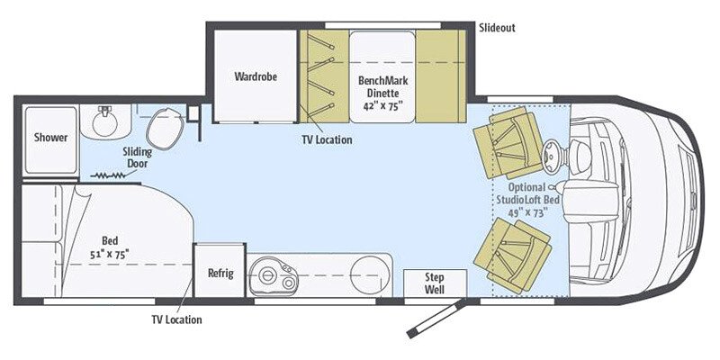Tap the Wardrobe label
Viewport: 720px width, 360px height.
(x=255, y=76)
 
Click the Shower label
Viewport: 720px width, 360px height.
(x=51, y=138)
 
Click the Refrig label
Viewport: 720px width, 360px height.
(x=220, y=273)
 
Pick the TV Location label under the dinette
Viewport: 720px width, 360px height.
(x=327, y=140)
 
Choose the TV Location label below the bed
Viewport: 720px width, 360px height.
(x=176, y=319)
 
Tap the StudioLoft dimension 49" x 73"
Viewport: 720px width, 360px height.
(x=527, y=213)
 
